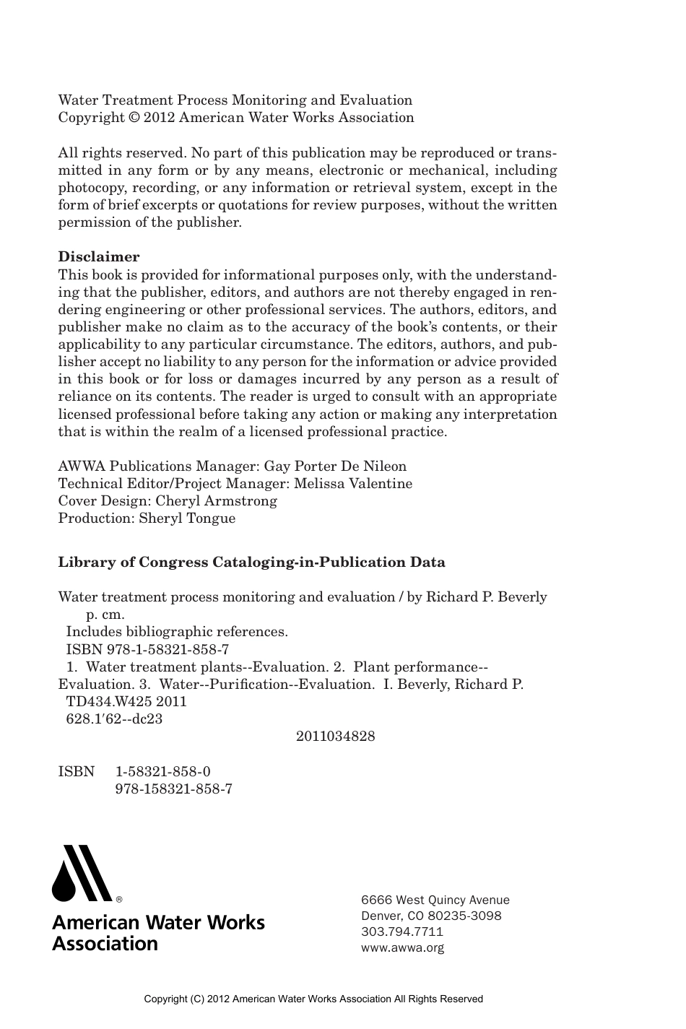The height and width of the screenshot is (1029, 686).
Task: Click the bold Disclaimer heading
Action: (x=99, y=257)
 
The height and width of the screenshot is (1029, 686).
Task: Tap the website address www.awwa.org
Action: (x=402, y=947)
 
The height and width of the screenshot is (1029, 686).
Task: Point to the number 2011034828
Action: (x=335, y=737)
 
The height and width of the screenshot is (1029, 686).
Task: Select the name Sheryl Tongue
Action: (x=187, y=518)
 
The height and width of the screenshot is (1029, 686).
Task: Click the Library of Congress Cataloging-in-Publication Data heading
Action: (x=251, y=563)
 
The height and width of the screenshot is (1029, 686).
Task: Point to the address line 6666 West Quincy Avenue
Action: (x=435, y=900)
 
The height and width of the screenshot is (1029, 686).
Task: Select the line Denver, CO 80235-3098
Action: (x=430, y=916)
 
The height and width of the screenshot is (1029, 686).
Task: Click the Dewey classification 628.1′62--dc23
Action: (x=114, y=719)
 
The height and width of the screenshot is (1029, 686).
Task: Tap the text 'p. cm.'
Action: (x=105, y=615)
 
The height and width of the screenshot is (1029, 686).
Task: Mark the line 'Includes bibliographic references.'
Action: (x=177, y=632)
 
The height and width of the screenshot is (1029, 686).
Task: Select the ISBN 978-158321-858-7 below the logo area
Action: (x=173, y=789)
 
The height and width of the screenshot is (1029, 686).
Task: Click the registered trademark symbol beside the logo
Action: (x=119, y=900)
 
